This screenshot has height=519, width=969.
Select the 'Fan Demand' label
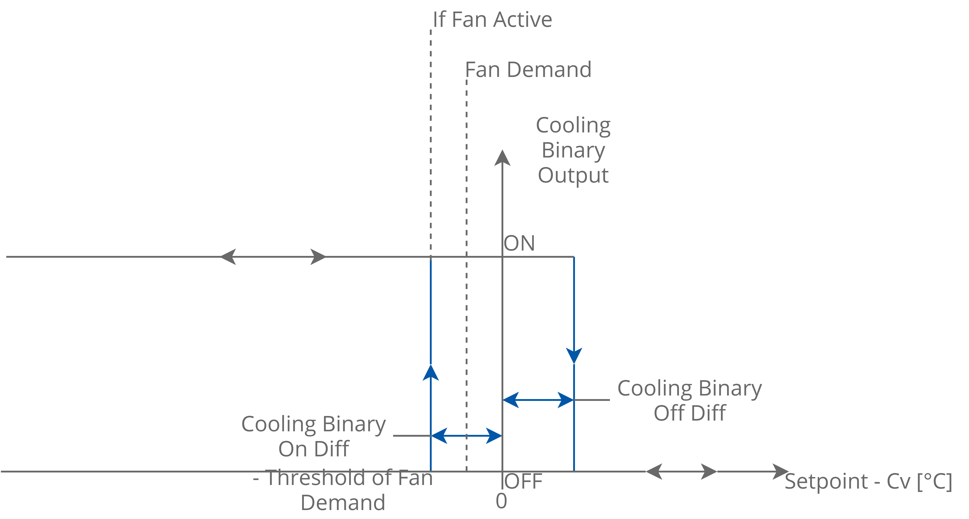(x=528, y=70)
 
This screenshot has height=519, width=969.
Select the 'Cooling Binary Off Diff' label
(x=690, y=401)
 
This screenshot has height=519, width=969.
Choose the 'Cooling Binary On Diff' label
(x=314, y=436)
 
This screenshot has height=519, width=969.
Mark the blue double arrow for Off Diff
(x=538, y=400)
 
